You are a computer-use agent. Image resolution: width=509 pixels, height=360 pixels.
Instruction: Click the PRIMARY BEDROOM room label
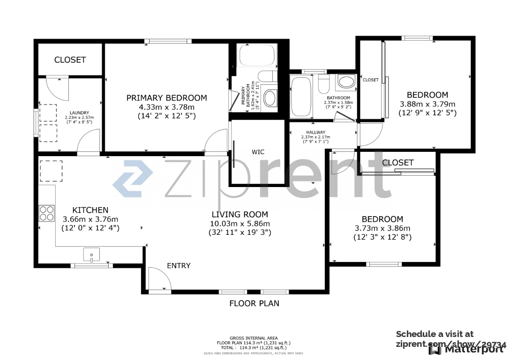pos(166,98)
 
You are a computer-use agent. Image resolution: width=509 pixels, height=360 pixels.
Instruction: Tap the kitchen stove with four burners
pos(46,213)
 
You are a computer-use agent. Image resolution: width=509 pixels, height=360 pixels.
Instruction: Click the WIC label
pos(258,152)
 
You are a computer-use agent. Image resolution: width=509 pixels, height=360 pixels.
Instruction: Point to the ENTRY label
pos(179,266)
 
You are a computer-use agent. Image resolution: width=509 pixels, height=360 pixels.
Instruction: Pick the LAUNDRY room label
pos(79,112)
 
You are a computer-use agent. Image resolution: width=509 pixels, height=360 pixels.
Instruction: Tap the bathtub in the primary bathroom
pos(257,55)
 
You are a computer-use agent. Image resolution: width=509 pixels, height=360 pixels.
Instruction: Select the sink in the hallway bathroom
pos(346,82)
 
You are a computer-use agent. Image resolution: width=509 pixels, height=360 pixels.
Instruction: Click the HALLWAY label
pos(315,132)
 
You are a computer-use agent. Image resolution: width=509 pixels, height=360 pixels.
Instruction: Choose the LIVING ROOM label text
pos(240,214)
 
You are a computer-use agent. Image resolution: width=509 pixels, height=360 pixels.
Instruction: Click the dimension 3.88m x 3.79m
pos(427,104)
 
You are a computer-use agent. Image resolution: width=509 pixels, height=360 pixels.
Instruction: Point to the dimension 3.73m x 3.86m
pos(382,228)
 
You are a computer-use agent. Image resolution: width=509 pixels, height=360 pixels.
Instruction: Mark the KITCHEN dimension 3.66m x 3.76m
pos(90,219)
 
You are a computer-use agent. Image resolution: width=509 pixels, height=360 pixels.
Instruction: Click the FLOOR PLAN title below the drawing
pos(254,303)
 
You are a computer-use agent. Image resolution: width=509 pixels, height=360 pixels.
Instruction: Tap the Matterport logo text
pos(473,349)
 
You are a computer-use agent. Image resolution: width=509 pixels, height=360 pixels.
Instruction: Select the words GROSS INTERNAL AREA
pos(254,338)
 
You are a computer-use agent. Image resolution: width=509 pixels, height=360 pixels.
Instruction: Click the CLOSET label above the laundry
pos(70,60)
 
